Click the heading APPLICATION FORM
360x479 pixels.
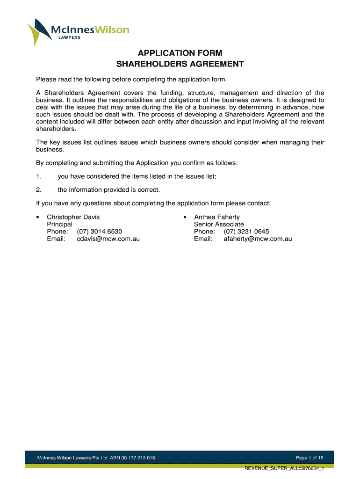point(180,53)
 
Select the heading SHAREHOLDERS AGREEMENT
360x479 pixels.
point(180,64)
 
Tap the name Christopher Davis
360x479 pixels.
point(73,217)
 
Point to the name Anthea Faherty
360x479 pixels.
point(216,217)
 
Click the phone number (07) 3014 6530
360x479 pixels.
point(100,232)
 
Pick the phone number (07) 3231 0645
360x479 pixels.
point(246,232)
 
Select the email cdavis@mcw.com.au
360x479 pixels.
point(108,239)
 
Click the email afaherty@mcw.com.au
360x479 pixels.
point(254,239)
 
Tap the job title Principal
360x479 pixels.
point(59,225)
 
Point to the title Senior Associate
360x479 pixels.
point(219,225)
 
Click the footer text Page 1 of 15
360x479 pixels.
point(310,457)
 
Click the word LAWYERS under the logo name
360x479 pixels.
point(69,38)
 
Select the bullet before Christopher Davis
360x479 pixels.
point(38,218)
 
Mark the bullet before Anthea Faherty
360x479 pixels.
point(185,218)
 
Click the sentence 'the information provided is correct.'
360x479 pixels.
point(108,190)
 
